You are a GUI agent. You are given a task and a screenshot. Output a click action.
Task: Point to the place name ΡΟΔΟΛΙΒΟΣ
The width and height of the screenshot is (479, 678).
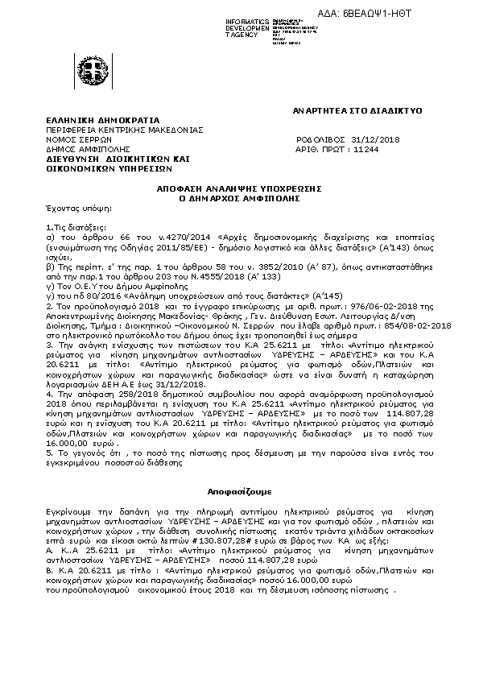pyautogui.click(x=320, y=138)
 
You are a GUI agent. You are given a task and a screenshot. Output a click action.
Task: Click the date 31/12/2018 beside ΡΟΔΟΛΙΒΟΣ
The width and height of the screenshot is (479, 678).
pyautogui.click(x=376, y=138)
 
